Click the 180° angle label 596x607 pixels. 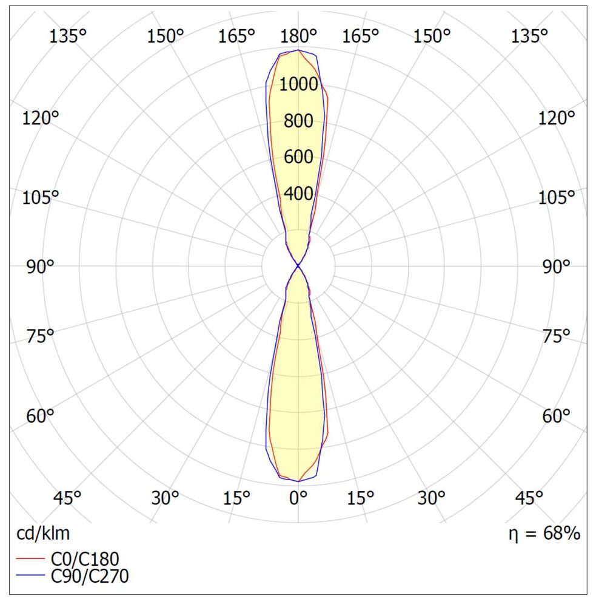pos(298,36)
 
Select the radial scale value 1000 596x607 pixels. pos(298,84)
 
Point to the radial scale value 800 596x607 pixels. pos(298,121)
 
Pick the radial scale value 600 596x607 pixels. pos(298,157)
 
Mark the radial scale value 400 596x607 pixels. pos(298,194)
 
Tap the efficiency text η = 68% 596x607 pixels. pos(544,534)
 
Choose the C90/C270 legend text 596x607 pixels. pos(91,576)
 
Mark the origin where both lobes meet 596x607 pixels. pos(298,266)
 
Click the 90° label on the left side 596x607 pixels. pos(40,266)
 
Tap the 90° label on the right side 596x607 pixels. pos(556,266)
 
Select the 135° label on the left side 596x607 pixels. pos(68,36)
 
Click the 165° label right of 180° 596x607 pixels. pos(361,36)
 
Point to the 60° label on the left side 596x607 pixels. pos(40,416)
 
